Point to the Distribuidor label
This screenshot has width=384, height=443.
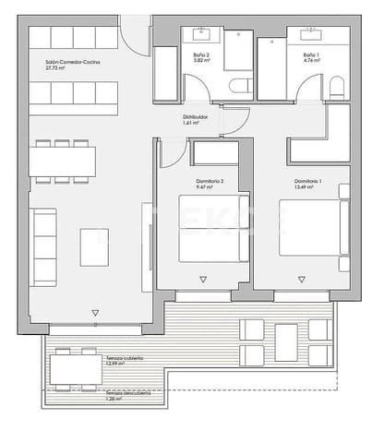[x=194, y=118]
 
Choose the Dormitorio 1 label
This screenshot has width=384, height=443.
[x=307, y=180]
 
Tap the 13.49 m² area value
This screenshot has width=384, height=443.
[x=302, y=187]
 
